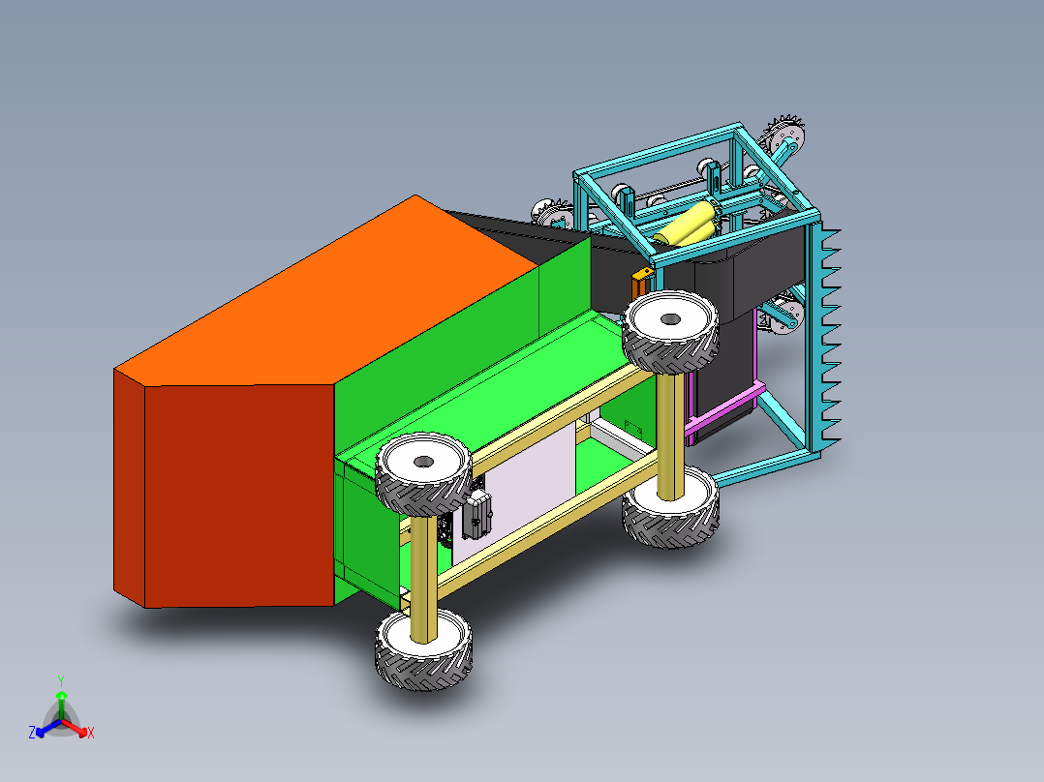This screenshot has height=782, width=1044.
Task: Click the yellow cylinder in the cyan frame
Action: click(686, 224)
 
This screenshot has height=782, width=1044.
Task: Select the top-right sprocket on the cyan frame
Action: click(786, 135)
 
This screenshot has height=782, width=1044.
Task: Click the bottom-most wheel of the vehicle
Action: click(425, 649)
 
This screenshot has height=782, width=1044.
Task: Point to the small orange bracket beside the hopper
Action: click(638, 285)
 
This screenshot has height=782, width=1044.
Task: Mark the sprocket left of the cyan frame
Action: click(547, 213)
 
